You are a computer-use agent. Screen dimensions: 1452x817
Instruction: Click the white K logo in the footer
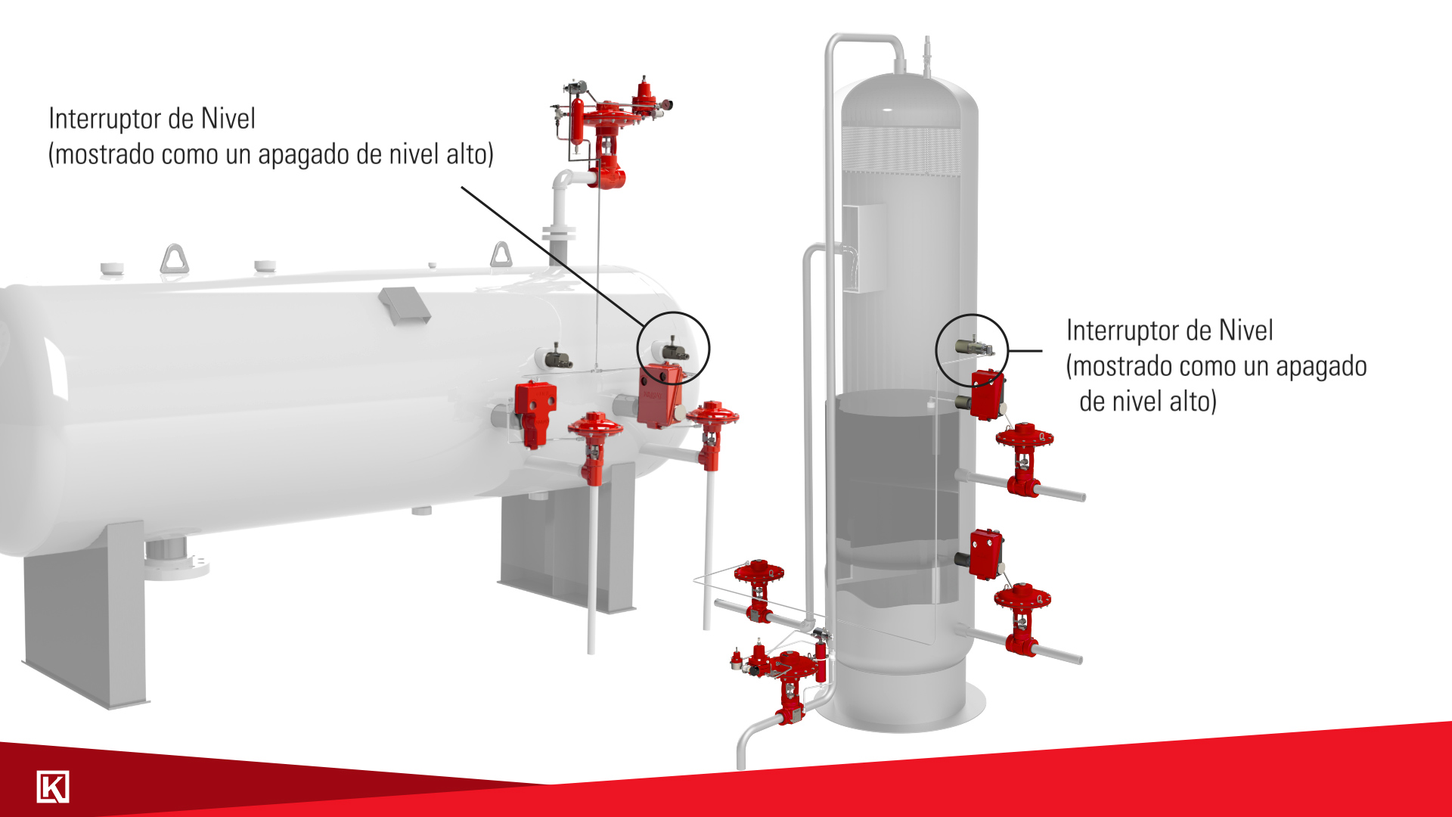(53, 787)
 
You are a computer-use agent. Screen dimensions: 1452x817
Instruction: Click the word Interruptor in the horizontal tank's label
(104, 119)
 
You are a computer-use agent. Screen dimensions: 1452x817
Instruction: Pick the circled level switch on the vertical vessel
(974, 346)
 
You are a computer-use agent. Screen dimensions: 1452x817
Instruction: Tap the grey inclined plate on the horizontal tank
(405, 305)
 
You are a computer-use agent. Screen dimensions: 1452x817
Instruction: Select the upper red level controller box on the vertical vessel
(987, 394)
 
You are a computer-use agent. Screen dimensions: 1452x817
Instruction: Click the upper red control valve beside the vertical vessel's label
(1025, 458)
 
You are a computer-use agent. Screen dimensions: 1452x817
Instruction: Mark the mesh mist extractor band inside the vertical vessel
(902, 150)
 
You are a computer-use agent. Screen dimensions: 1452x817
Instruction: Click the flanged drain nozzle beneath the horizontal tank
(176, 558)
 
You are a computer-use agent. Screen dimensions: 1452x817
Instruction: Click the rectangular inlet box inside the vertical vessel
(863, 247)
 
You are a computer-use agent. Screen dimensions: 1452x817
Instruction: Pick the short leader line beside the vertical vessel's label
(1025, 351)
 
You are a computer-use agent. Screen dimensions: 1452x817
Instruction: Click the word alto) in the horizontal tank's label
(470, 154)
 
